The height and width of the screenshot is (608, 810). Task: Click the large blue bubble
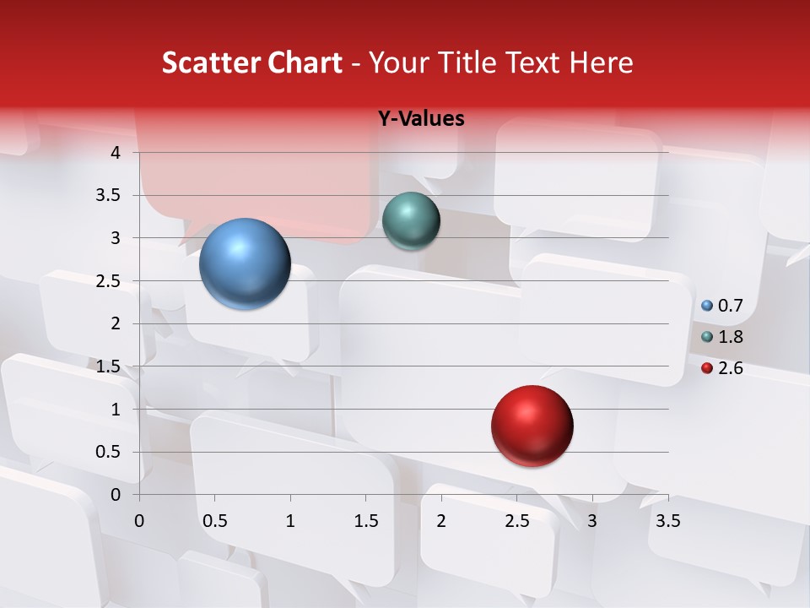click(x=246, y=263)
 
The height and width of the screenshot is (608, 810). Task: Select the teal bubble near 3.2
click(x=411, y=221)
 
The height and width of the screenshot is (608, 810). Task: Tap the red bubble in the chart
click(x=532, y=426)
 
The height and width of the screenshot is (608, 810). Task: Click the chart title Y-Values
click(x=421, y=119)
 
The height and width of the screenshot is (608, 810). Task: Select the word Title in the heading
click(x=467, y=62)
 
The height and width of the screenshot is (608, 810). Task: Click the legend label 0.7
click(x=730, y=306)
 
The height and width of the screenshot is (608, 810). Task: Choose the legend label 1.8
click(x=730, y=337)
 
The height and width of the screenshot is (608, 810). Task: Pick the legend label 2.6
click(x=730, y=368)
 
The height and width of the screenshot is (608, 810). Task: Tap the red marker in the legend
click(x=707, y=368)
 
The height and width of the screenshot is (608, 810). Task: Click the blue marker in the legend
click(x=707, y=306)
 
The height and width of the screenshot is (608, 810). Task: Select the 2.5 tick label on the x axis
click(x=516, y=521)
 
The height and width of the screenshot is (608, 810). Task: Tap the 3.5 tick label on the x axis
click(x=667, y=521)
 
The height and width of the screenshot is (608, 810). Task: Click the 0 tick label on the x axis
click(x=139, y=521)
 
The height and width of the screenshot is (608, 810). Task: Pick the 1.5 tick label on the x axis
click(x=365, y=521)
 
